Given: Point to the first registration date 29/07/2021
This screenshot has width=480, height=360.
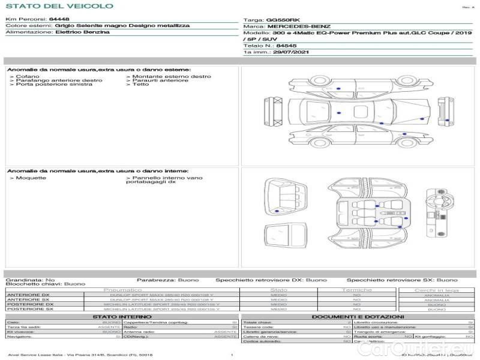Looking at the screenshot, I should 286,52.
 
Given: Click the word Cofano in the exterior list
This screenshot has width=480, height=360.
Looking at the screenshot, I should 28,77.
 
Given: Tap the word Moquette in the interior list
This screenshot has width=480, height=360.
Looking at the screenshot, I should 31,178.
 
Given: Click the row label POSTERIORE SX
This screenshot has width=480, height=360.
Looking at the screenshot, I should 30,309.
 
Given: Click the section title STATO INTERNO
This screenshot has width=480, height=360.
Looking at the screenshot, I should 122,316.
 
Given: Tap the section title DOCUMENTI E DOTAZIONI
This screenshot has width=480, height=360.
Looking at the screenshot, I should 358,316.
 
